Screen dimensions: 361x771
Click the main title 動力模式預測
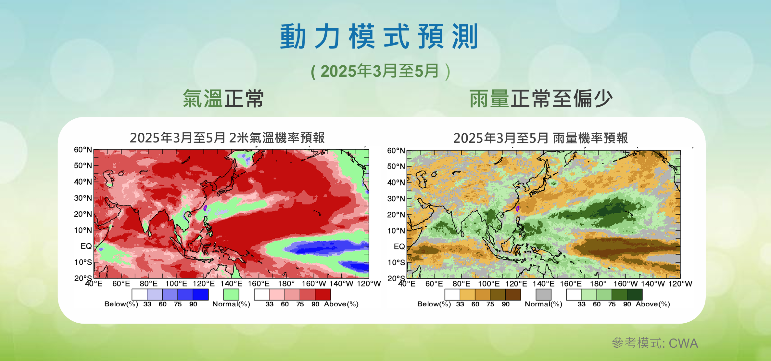coord(379,36)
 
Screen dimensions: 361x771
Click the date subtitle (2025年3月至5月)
coord(380,71)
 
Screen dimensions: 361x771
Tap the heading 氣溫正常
coord(223,99)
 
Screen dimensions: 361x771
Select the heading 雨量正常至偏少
coord(541,99)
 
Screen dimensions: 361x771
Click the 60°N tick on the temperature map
coord(83,150)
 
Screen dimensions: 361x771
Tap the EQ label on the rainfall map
coord(399,247)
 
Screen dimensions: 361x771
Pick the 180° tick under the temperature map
coord(286,284)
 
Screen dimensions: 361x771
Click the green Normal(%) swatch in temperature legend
coord(231,295)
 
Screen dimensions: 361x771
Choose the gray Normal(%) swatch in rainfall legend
coord(543,295)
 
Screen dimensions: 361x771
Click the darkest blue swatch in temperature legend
coord(201,295)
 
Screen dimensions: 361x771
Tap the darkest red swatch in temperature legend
coord(323,295)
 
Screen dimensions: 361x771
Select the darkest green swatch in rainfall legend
coord(635,295)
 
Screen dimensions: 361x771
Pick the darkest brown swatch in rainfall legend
coord(513,295)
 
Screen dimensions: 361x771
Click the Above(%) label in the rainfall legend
coord(653,304)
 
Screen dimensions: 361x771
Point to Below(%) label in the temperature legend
coord(121,304)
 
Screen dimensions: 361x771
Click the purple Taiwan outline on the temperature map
coord(205,208)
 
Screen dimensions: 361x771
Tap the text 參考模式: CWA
coord(655,343)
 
